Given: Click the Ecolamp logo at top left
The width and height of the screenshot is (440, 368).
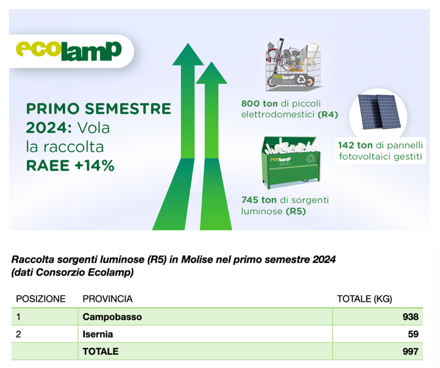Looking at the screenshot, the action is pyautogui.click(x=69, y=51).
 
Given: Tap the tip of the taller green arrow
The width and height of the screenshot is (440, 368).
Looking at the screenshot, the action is pyautogui.click(x=188, y=43).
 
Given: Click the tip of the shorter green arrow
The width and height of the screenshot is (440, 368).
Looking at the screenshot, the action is pyautogui.click(x=211, y=62).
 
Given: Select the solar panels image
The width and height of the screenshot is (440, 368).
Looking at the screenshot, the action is pyautogui.click(x=378, y=111).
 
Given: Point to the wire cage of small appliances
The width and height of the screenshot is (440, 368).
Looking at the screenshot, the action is pyautogui.click(x=293, y=65).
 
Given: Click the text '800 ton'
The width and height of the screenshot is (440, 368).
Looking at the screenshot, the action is pyautogui.click(x=259, y=103).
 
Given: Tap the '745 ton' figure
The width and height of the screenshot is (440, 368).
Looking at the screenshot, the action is pyautogui.click(x=259, y=200).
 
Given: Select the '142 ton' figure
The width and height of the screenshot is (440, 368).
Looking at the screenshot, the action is pyautogui.click(x=355, y=145).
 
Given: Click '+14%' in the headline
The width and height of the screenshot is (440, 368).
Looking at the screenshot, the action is pyautogui.click(x=94, y=165).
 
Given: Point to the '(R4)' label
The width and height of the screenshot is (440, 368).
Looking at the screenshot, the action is pyautogui.click(x=327, y=114).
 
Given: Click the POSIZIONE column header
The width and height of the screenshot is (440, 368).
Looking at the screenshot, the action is pyautogui.click(x=41, y=299).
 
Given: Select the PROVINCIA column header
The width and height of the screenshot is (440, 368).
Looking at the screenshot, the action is pyautogui.click(x=107, y=299).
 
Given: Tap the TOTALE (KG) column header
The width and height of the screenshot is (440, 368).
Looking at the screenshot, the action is pyautogui.click(x=364, y=299).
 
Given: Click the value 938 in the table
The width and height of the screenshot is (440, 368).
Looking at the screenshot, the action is pyautogui.click(x=410, y=317).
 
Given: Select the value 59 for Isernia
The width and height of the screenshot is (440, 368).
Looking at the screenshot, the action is pyautogui.click(x=414, y=334).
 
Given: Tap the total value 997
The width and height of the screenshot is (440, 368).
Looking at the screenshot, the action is pyautogui.click(x=410, y=352).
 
